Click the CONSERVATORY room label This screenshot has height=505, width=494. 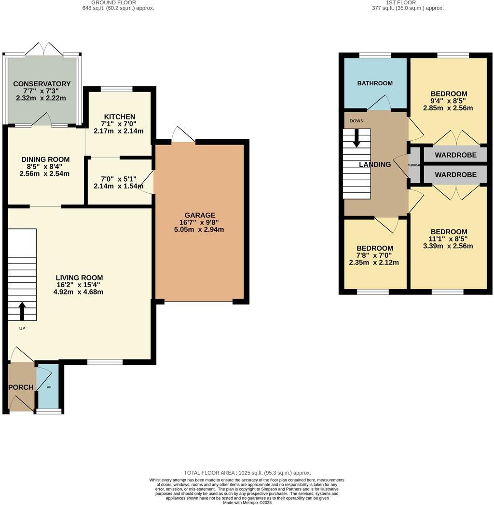coord(42,84)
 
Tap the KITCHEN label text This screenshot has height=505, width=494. coord(119,117)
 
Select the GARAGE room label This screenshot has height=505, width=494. coord(199,215)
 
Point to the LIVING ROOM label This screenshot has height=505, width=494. coord(79,278)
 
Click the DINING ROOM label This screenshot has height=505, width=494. coord(45,159)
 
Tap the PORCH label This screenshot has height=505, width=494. coord(21,387)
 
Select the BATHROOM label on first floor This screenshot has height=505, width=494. coord(375,83)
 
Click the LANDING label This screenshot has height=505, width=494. coord(375,164)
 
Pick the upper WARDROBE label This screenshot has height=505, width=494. coord(455,155)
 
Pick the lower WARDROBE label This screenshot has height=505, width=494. coord(455,175)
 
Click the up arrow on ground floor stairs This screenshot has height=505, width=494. coord(22,311)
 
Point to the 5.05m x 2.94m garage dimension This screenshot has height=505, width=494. coord(199,229)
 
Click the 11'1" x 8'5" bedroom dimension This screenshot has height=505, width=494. coord(449,239)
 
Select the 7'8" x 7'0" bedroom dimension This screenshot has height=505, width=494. coord(374,255)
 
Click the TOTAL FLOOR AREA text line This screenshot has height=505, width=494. coord(247,473)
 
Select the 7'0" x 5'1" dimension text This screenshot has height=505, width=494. coord(119,179)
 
